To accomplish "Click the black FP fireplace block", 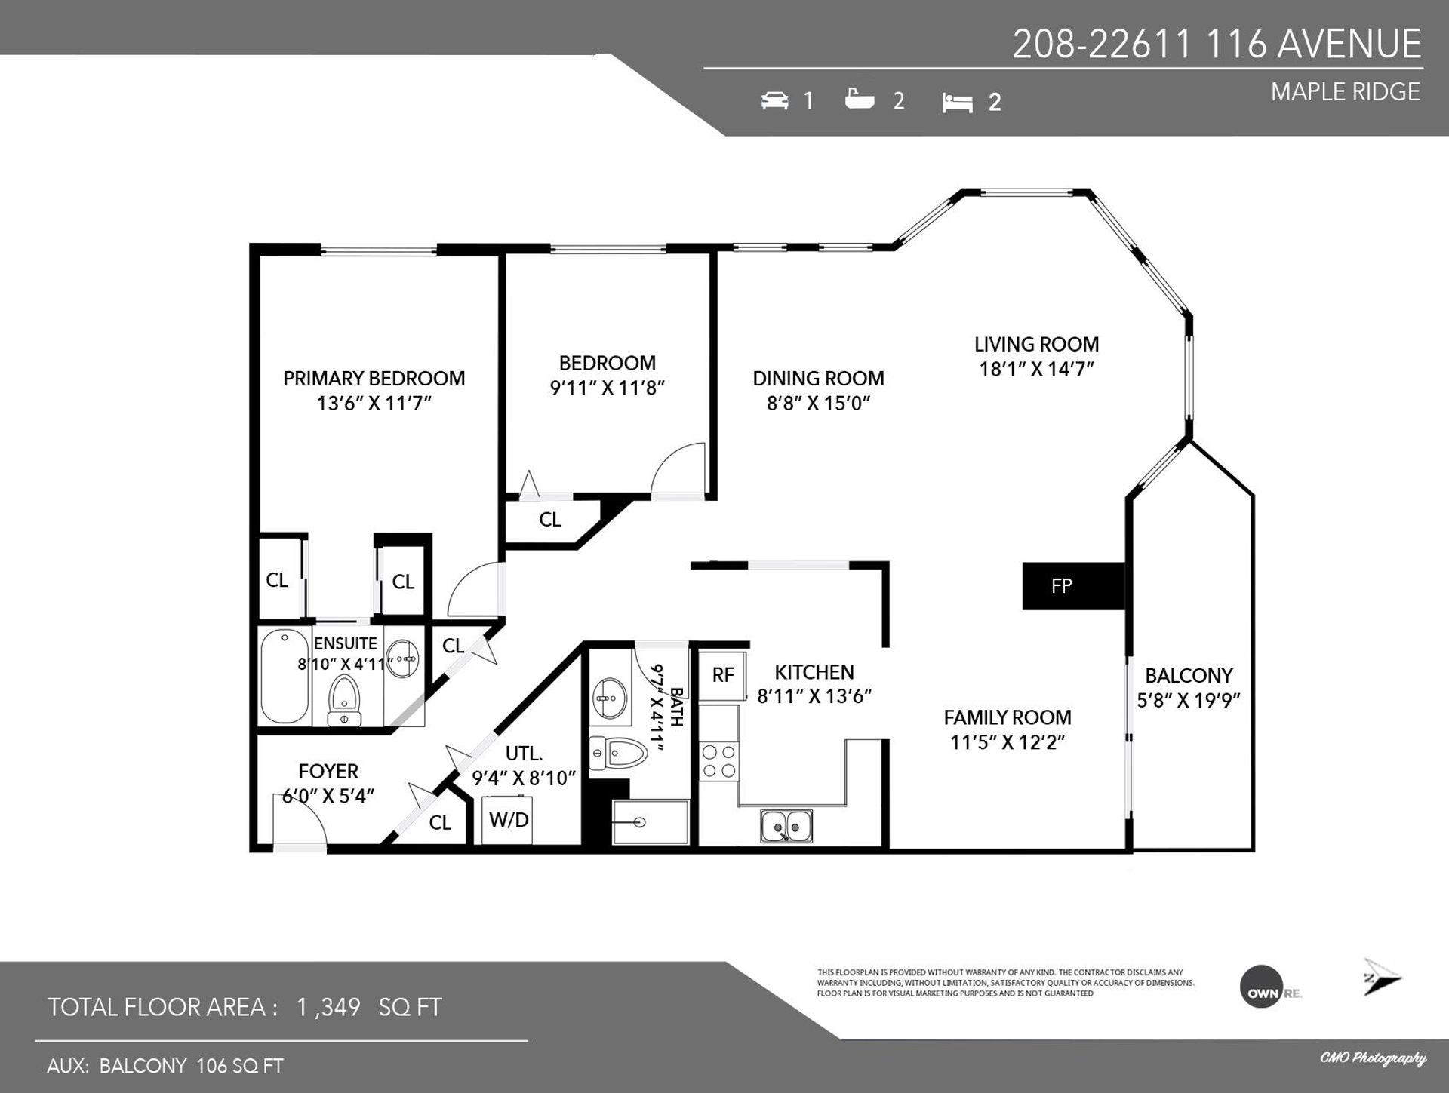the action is pos(1073,586).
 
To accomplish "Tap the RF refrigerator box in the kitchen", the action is pos(722,675).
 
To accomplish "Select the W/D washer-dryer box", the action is pos(508,820).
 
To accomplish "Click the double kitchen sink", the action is pos(786,826).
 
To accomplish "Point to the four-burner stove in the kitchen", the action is pos(718,761).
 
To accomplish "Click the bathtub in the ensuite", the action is pos(285,677).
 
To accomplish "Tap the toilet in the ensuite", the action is pos(345,701).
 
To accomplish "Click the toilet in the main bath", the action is pos(619,753).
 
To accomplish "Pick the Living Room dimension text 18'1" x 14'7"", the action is pos(1036,369).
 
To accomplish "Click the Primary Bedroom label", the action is pos(374,378).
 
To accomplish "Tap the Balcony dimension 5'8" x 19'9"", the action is pos(1189,700).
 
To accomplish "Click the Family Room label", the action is pos(1008,717).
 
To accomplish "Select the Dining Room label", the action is pos(818,378).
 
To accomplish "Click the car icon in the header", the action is pos(774,100).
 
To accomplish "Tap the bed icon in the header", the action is pos(957,103).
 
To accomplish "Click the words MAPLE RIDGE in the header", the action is pos(1346,91).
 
